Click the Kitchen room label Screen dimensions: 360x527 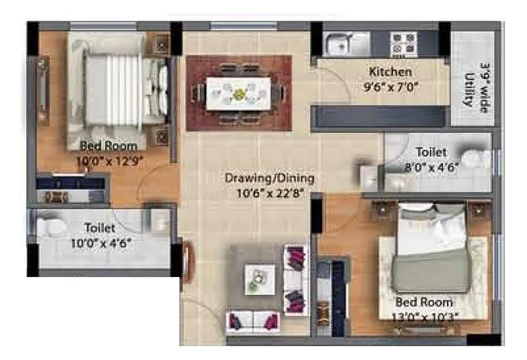coord(391,72)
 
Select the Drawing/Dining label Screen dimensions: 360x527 coord(269,178)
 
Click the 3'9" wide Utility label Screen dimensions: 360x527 coord(476,84)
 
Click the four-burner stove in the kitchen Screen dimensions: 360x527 coord(404,44)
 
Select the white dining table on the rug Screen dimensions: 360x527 coord(238,93)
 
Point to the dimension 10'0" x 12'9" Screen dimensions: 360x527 coord(108,159)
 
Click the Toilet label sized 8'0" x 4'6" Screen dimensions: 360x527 coord(431,153)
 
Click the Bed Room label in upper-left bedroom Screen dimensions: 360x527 coord(108,146)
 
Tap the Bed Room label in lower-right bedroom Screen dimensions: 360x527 coord(424,302)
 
